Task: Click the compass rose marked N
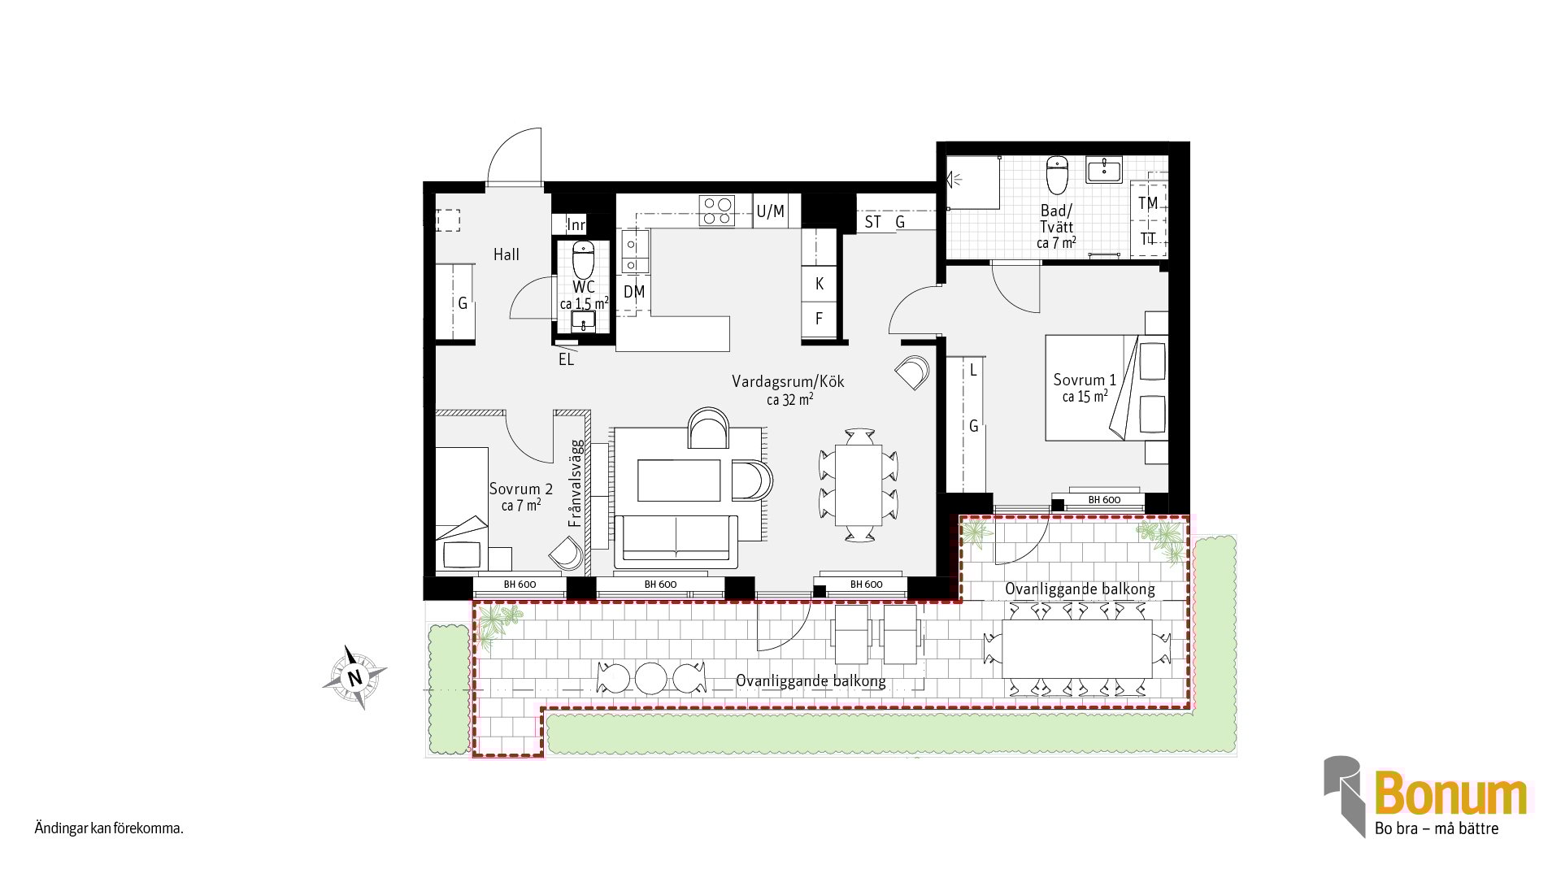click(x=354, y=677)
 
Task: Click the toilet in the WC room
click(x=583, y=260)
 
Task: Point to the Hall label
click(x=506, y=254)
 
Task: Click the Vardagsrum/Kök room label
click(x=788, y=381)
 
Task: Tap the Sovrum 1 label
click(x=1085, y=380)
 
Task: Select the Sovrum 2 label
click(x=520, y=489)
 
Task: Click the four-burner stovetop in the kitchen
click(x=717, y=211)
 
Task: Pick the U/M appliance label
click(x=770, y=211)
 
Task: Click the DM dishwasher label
click(x=634, y=292)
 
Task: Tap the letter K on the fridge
click(x=819, y=284)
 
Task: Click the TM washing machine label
click(x=1148, y=203)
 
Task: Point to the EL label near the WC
click(x=566, y=359)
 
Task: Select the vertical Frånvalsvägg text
click(x=576, y=483)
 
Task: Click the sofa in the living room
click(x=676, y=541)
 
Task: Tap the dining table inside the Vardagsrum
click(x=859, y=485)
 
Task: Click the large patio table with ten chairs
click(x=1077, y=650)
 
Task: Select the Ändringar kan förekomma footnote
click(x=109, y=829)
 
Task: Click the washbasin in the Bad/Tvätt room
click(x=1104, y=169)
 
